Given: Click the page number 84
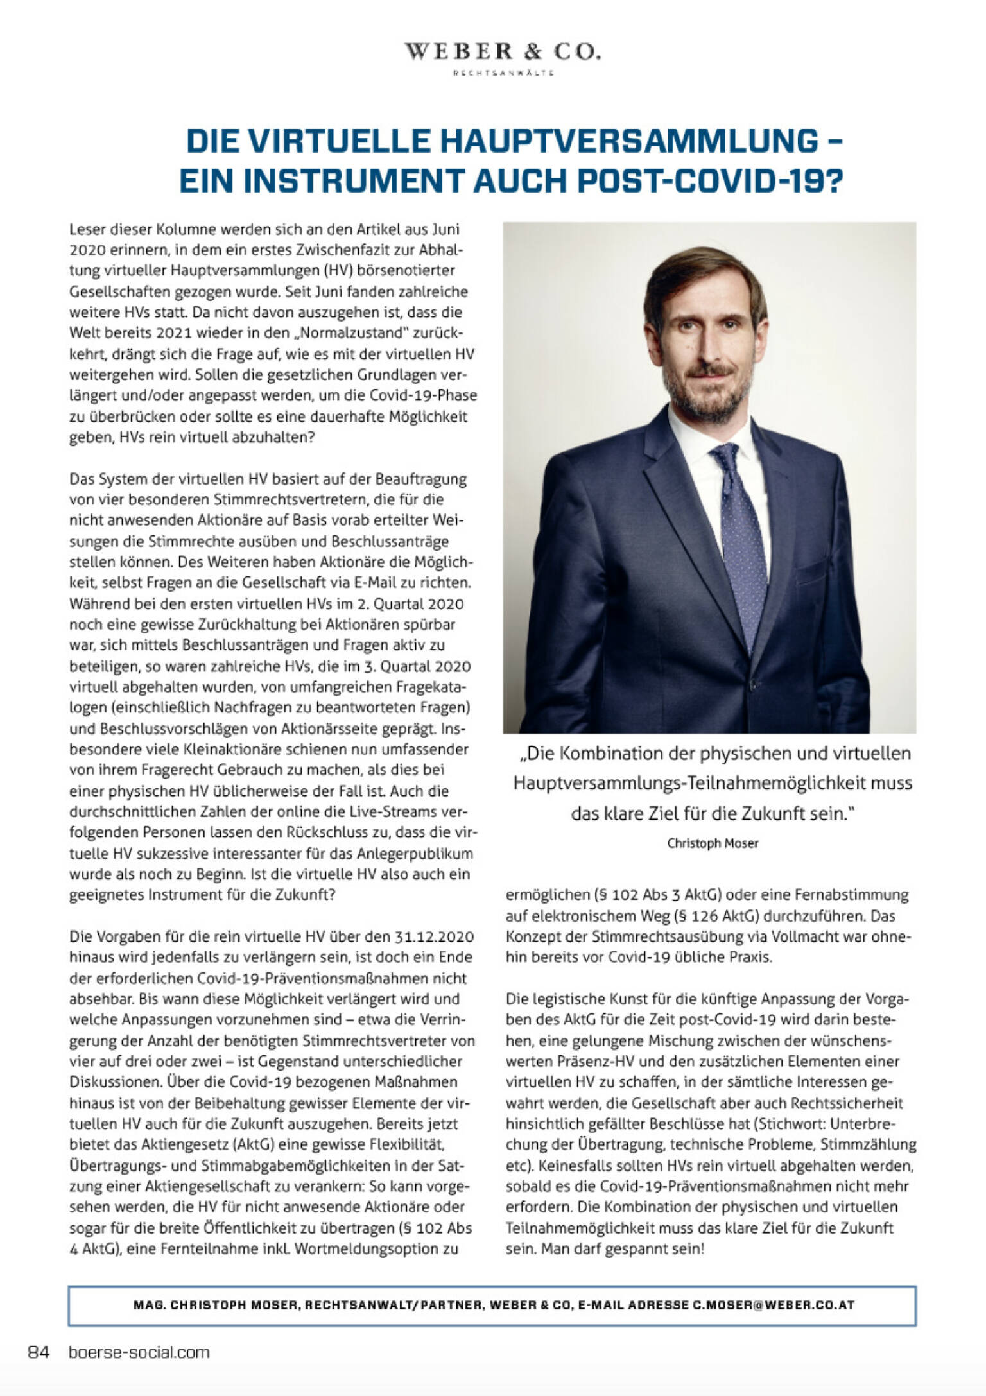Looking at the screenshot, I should click(39, 1352).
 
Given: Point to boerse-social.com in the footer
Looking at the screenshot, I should click(139, 1352).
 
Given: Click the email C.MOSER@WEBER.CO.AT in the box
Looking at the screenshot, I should click(773, 1305).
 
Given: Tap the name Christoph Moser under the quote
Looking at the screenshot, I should click(713, 843).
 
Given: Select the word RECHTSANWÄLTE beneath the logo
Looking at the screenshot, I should click(503, 73).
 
